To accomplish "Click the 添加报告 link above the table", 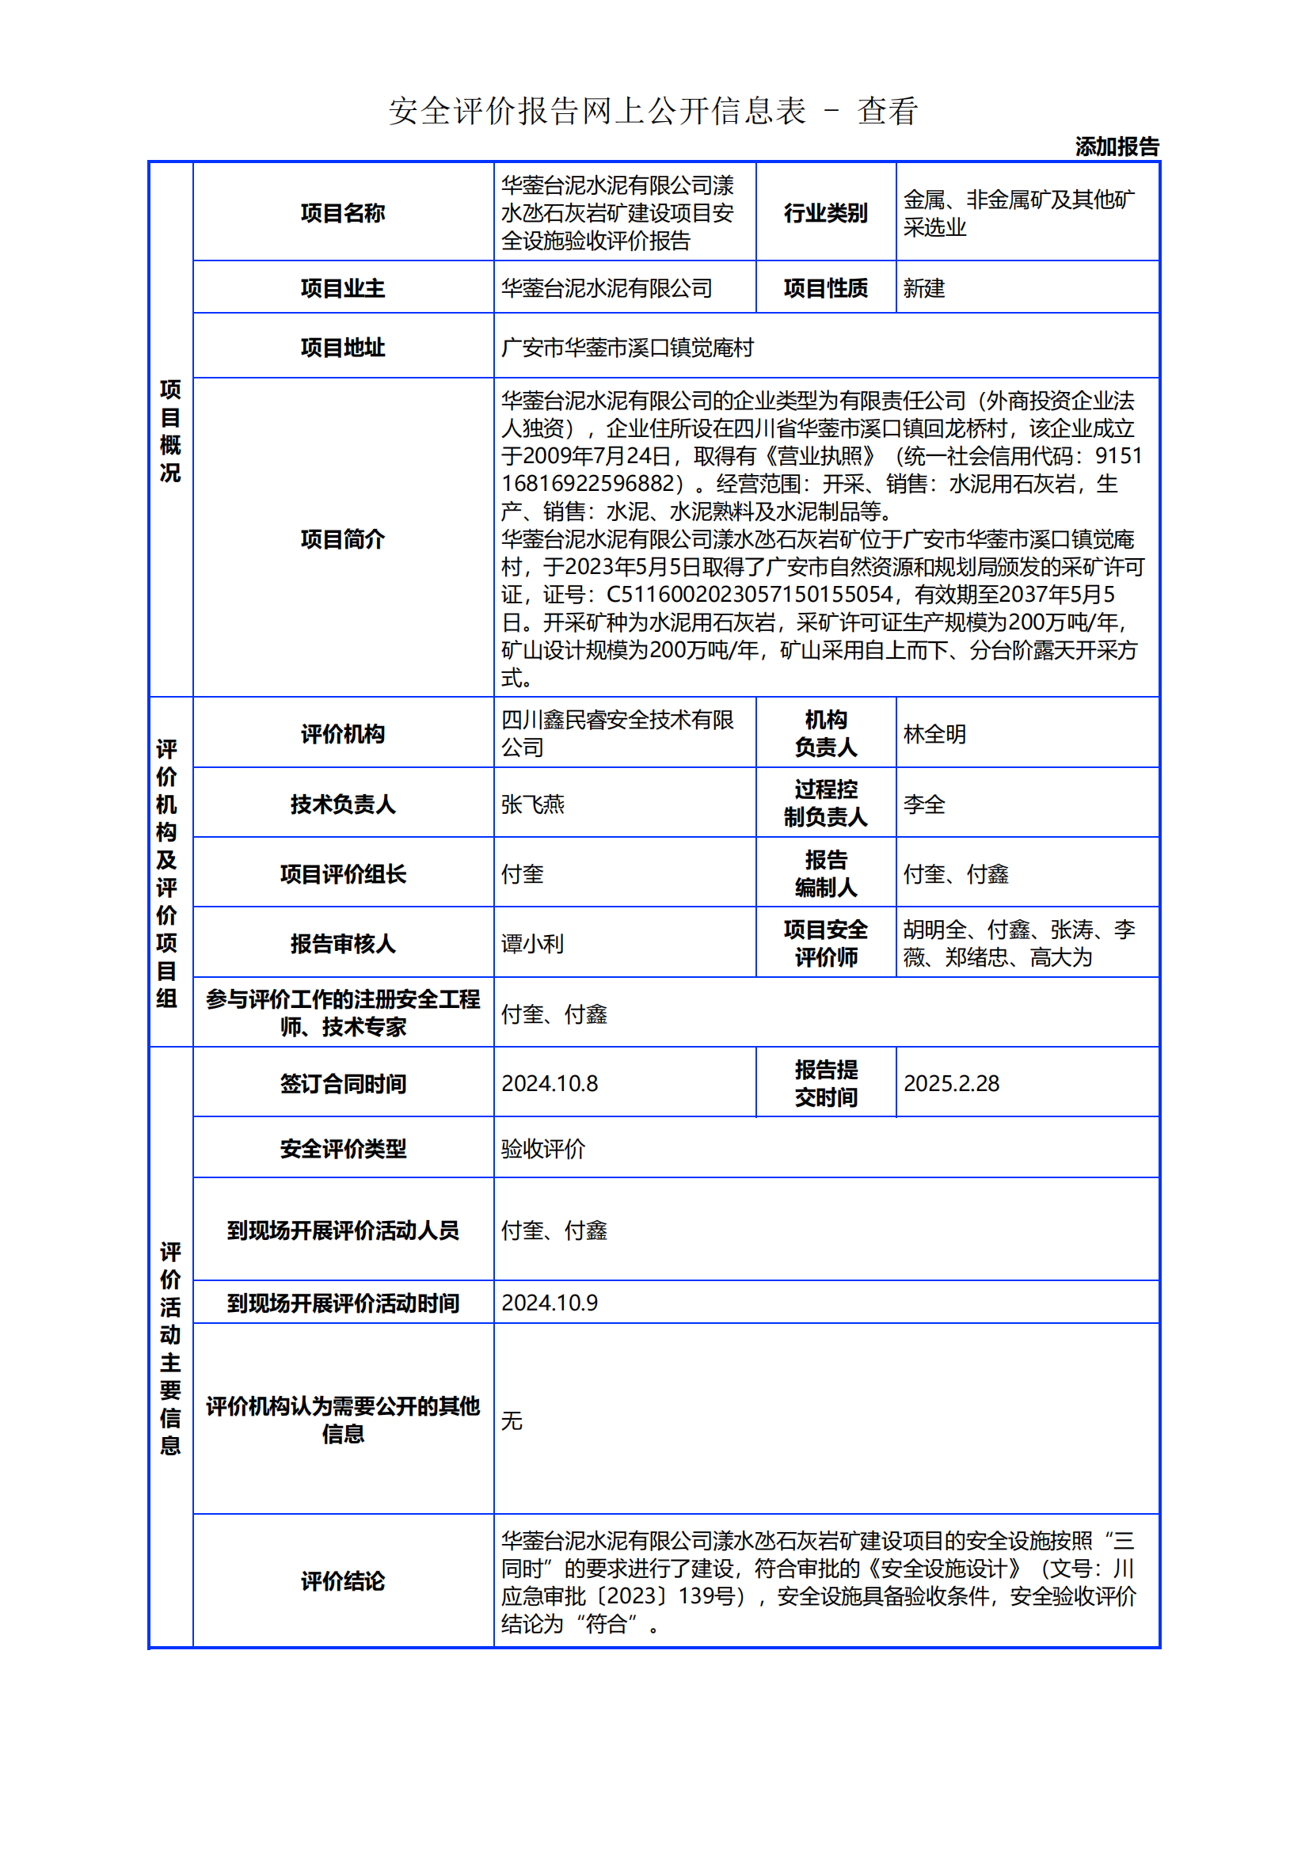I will [x=1117, y=146].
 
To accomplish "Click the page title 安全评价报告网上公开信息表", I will [x=597, y=112].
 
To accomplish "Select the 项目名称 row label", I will [x=343, y=213].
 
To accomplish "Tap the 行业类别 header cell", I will [x=825, y=213].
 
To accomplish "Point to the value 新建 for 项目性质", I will [x=923, y=288].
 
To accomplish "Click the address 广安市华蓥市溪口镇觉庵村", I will [x=626, y=348].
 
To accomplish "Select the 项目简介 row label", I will [x=343, y=539].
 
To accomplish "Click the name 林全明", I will [x=934, y=734].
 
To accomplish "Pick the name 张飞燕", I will [x=532, y=804].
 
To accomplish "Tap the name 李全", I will [x=923, y=804].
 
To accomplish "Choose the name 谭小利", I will [x=532, y=944].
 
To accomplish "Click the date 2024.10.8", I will [x=550, y=1083].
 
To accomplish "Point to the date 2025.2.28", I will [x=951, y=1083].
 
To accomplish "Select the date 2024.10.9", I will [x=550, y=1302].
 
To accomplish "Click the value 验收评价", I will [x=542, y=1149].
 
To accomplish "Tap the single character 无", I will [x=512, y=1420].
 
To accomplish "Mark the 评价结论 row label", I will [x=343, y=1581].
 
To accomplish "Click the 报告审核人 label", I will [x=343, y=944].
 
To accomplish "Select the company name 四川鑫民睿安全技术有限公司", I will [x=617, y=733].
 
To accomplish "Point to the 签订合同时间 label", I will [x=343, y=1083].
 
